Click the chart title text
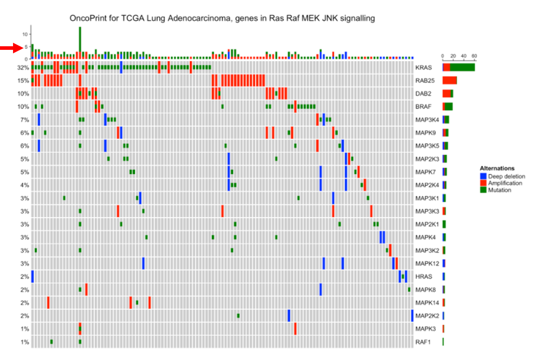click(223, 18)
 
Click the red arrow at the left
click(11, 47)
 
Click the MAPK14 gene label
click(427, 303)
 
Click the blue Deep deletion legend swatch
click(483, 176)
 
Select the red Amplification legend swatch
click(483, 183)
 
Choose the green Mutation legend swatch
click(483, 190)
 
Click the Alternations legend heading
click(497, 168)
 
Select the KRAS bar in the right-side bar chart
click(458, 68)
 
